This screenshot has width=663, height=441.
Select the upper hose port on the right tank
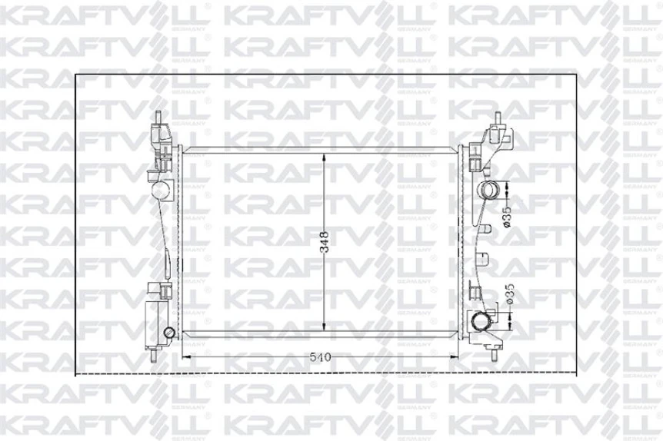(x=489, y=191)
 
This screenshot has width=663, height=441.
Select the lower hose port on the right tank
(x=483, y=322)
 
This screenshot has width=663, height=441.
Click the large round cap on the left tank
(x=160, y=189)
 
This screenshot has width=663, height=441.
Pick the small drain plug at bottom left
(x=168, y=333)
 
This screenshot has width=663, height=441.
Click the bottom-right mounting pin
(x=493, y=354)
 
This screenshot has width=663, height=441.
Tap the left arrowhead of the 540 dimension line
(x=185, y=358)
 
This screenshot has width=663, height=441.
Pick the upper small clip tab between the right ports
(x=488, y=228)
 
